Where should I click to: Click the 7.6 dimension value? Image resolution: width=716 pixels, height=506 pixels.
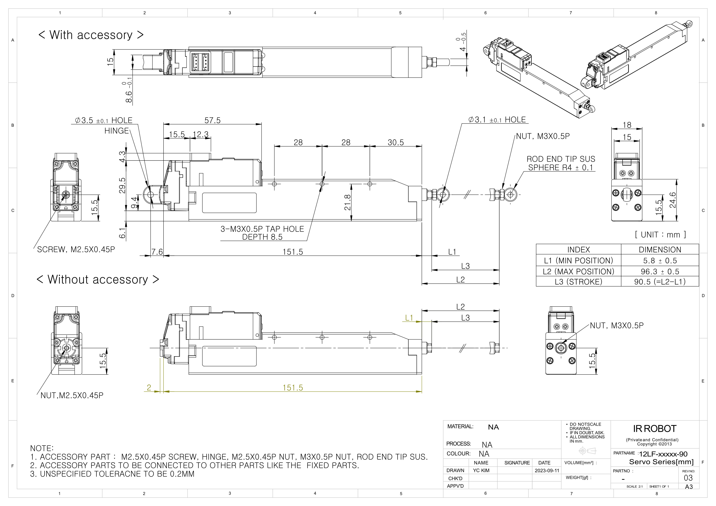pos(157,252)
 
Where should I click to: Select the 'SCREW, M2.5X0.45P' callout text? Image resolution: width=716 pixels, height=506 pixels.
pos(76,250)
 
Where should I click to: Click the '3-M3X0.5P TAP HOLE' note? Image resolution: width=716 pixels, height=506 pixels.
pos(262,229)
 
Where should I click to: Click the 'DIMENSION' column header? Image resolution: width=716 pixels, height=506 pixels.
pos(660,250)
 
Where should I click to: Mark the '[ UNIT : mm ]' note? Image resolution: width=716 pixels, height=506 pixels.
pos(660,235)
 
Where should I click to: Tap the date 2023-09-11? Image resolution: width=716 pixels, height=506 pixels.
pos(547,471)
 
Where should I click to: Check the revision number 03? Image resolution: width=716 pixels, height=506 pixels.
pos(688,478)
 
